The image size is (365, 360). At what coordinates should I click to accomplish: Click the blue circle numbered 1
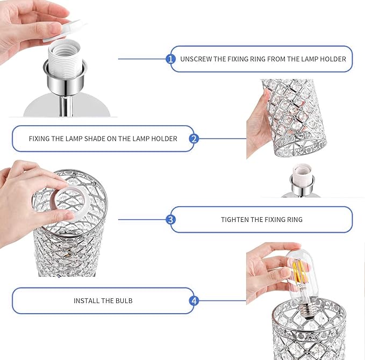click(170, 59)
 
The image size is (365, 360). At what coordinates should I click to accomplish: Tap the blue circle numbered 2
click(194, 139)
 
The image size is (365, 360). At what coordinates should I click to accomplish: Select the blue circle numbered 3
click(170, 219)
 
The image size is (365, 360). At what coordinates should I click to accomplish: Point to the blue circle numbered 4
click(194, 301)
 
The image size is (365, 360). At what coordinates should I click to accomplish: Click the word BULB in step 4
click(124, 301)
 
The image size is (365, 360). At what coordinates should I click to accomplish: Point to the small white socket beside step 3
click(303, 174)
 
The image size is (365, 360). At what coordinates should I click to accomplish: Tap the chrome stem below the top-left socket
click(66, 106)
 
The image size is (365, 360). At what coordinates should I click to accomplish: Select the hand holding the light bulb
click(270, 270)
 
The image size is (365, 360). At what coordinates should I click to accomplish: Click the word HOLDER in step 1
click(333, 59)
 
